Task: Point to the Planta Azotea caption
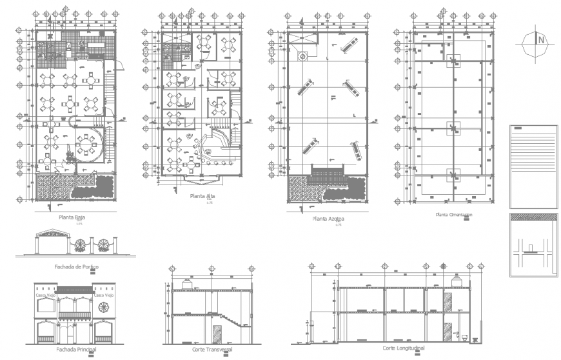pos(328,219)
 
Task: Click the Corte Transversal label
pos(212,349)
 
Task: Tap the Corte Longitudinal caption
pos(404,348)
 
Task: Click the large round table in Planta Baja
pos(85,145)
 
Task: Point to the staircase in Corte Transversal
pos(233,321)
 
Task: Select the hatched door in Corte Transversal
pos(217,334)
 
